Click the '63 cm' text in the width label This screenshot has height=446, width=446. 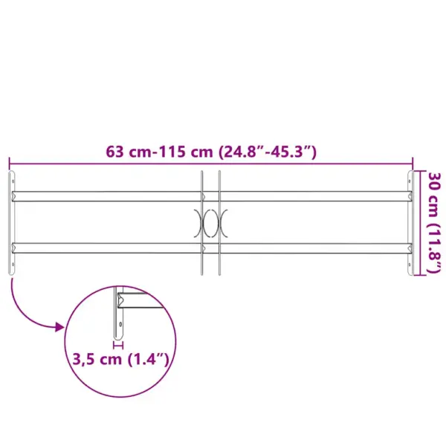tap(128, 152)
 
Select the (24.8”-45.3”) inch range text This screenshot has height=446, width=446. tap(268, 152)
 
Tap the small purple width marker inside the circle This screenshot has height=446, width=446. tap(117, 344)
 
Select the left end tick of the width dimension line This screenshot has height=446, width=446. tap(9, 163)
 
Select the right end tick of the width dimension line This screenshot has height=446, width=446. tap(413, 163)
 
